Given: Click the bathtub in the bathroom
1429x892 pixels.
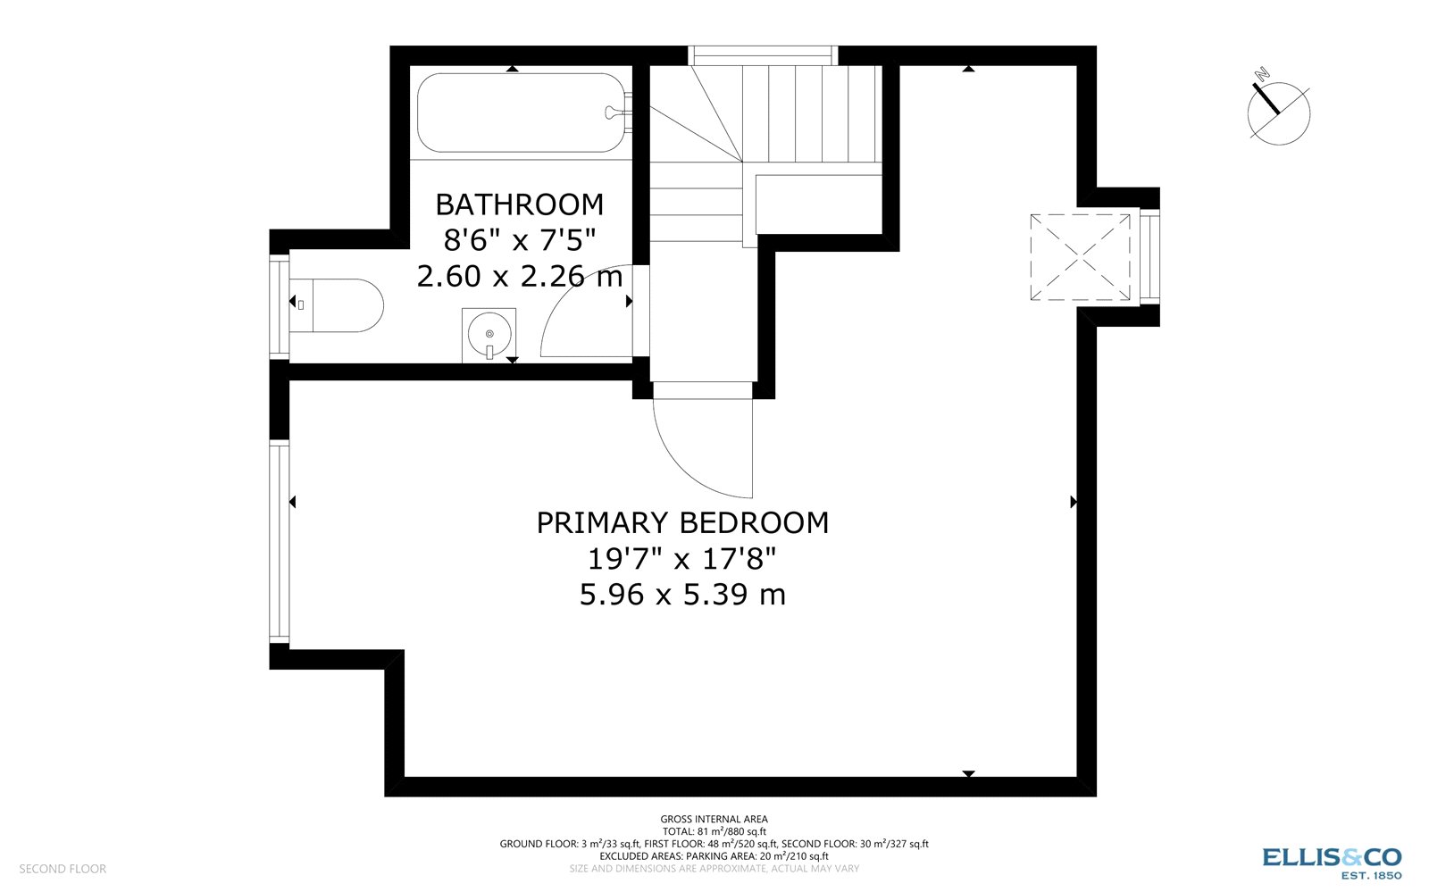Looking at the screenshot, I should [x=522, y=113].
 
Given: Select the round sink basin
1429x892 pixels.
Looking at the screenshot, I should [x=489, y=334].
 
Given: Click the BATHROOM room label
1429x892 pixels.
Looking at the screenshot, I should [x=519, y=204].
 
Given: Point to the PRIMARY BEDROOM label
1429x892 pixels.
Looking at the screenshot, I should [x=682, y=522].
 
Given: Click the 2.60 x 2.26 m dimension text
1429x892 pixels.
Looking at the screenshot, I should [x=519, y=277].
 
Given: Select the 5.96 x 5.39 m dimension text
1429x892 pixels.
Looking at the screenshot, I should [x=682, y=595].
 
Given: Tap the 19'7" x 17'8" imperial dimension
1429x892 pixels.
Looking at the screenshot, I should [x=682, y=559].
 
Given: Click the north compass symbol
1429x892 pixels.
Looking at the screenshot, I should [x=1278, y=113].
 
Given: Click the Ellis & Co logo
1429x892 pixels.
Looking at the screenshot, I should [x=1332, y=862].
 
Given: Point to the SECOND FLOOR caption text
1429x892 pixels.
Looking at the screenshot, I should [x=63, y=869].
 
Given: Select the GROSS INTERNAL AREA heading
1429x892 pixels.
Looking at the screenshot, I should [x=714, y=819].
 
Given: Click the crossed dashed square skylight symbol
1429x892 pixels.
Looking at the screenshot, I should [x=1080, y=257].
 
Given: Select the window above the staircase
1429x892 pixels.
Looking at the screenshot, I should [x=763, y=55].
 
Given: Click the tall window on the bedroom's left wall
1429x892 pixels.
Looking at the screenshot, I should [x=279, y=542].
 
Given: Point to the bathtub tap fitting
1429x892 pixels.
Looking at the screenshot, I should [x=616, y=112].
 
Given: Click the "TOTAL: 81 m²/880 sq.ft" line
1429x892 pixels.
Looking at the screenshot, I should [x=714, y=831].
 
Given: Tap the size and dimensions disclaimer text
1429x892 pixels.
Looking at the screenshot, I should [x=714, y=869].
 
